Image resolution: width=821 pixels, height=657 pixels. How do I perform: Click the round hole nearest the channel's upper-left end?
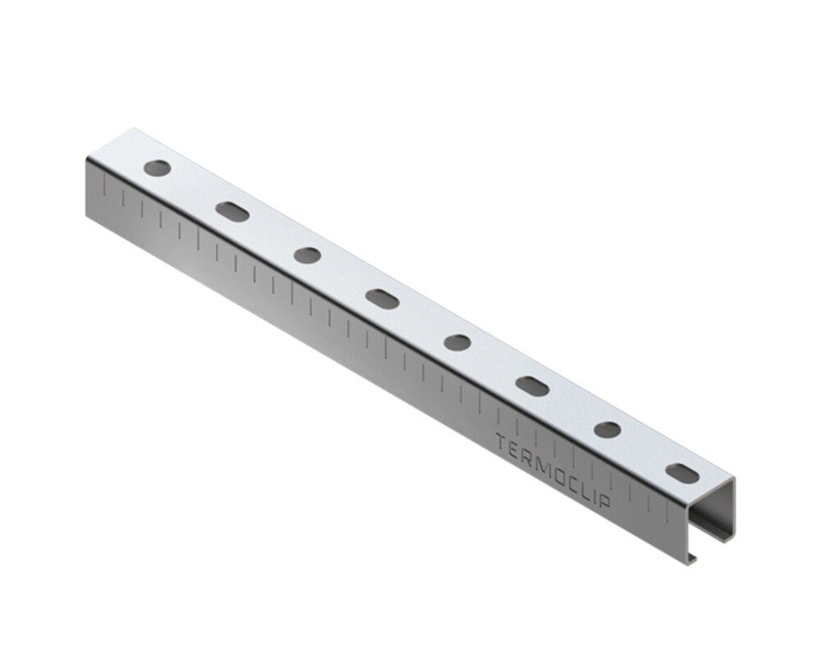(x=158, y=168)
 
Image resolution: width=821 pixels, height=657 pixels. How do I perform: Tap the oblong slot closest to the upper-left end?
(x=232, y=212)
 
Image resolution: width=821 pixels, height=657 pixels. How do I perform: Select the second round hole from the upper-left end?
(x=307, y=255)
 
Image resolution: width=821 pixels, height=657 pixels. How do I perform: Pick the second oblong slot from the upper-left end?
(x=383, y=299)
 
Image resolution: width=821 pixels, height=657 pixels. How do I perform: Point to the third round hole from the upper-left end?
(x=457, y=342)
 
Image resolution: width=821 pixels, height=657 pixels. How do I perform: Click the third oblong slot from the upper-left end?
(x=532, y=386)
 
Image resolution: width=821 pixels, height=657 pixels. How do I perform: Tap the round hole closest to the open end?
(x=608, y=430)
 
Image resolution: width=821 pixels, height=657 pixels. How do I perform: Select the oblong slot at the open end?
(x=683, y=474)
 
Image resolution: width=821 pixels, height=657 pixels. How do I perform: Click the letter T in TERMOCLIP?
(x=502, y=444)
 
